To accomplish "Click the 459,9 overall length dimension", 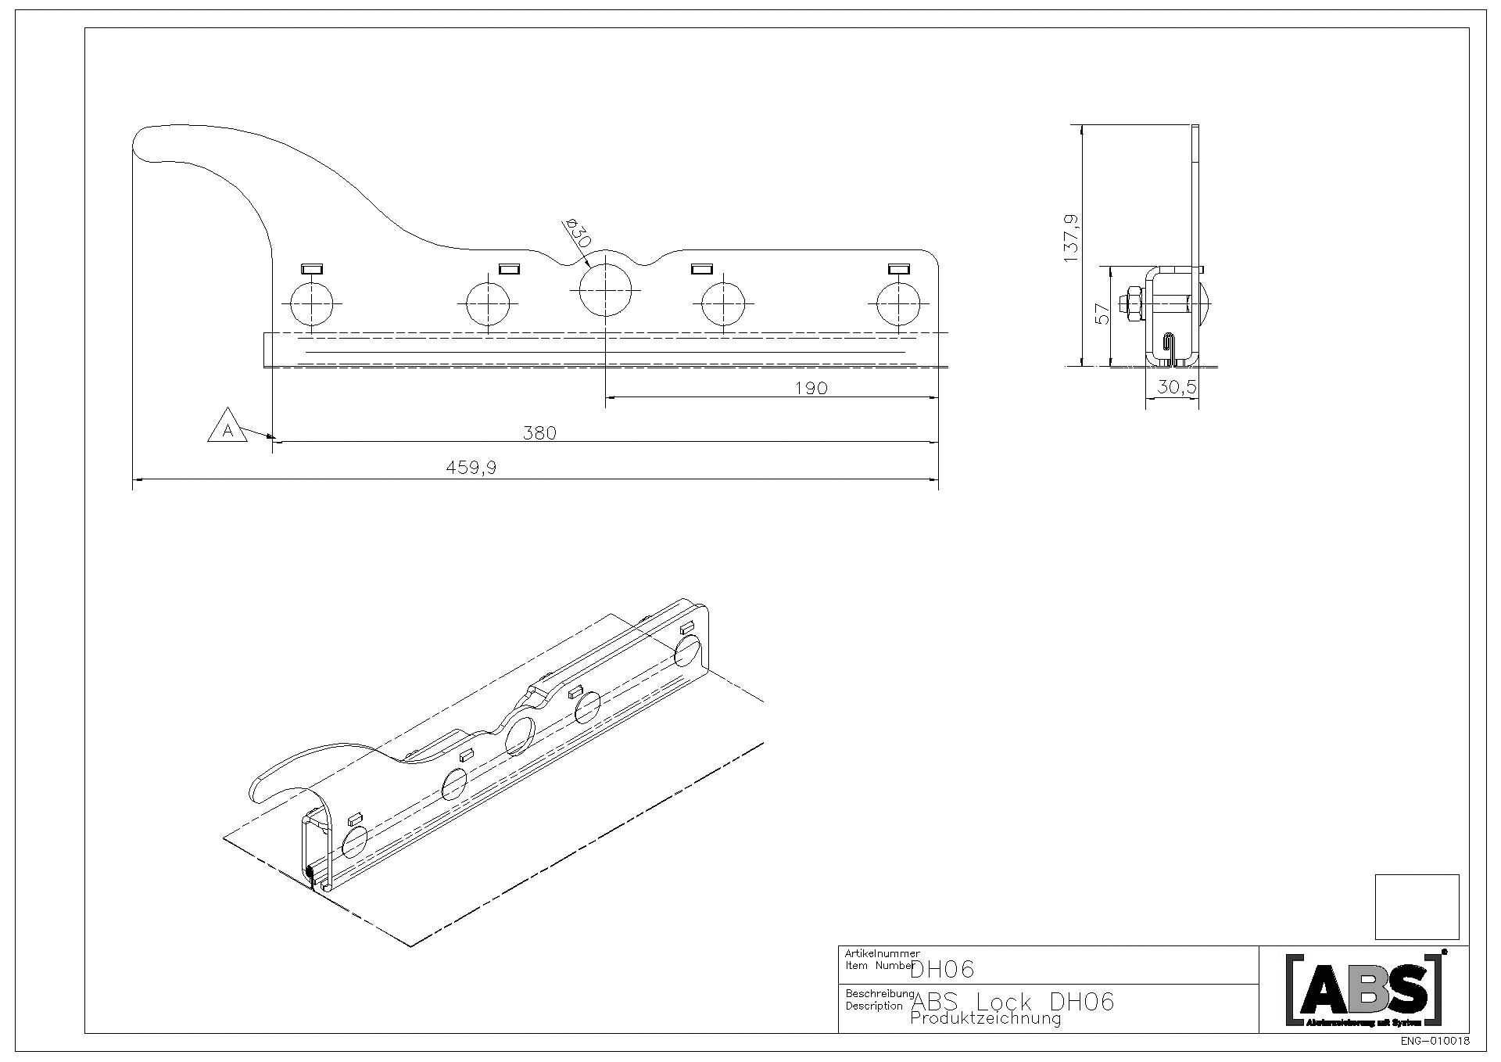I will [471, 468].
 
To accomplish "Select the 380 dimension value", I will [539, 432].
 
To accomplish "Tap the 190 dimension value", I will [811, 388].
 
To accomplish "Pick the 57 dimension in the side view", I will [1102, 314].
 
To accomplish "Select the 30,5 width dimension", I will [1177, 387].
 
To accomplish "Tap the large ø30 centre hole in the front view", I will [607, 289].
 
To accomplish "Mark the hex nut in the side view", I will [1131, 303].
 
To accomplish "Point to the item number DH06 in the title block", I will [943, 970].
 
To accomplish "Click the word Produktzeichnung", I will [986, 1018].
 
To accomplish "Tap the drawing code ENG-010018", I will [1435, 1042].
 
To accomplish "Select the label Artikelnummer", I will [883, 953].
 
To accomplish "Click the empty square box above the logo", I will [1417, 906].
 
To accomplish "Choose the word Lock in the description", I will [1004, 1001].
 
